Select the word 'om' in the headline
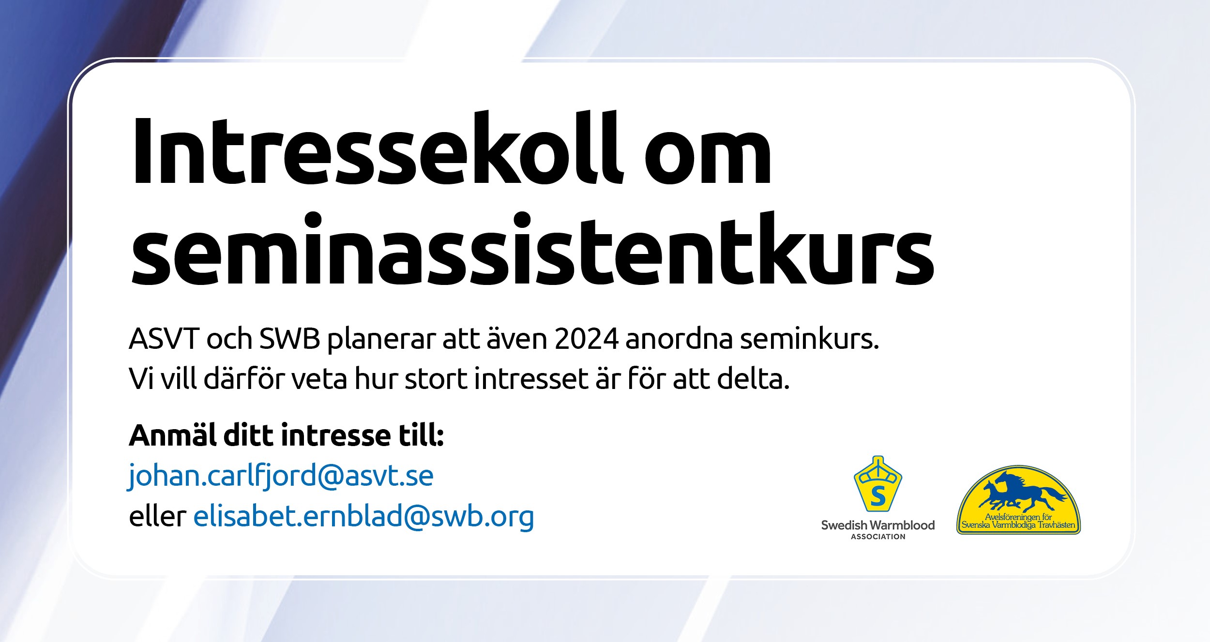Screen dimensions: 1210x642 tap(708, 155)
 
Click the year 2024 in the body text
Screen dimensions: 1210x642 tap(586, 339)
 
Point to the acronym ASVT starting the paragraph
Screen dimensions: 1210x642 tap(164, 339)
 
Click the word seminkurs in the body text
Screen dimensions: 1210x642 tap(809, 338)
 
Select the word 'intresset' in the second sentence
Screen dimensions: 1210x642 tap(531, 378)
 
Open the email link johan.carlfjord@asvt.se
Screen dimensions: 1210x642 tap(280, 476)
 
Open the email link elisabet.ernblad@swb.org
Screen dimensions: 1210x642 tap(363, 516)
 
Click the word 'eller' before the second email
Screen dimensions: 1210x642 tap(158, 516)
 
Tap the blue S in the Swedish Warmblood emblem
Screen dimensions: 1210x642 tap(877, 496)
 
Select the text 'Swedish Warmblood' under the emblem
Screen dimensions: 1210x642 tap(878, 525)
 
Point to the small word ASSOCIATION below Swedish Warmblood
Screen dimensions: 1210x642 tap(878, 537)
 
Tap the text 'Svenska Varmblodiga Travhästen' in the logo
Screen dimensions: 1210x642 tap(1018, 525)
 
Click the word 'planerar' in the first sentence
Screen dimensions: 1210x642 tap(381, 340)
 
